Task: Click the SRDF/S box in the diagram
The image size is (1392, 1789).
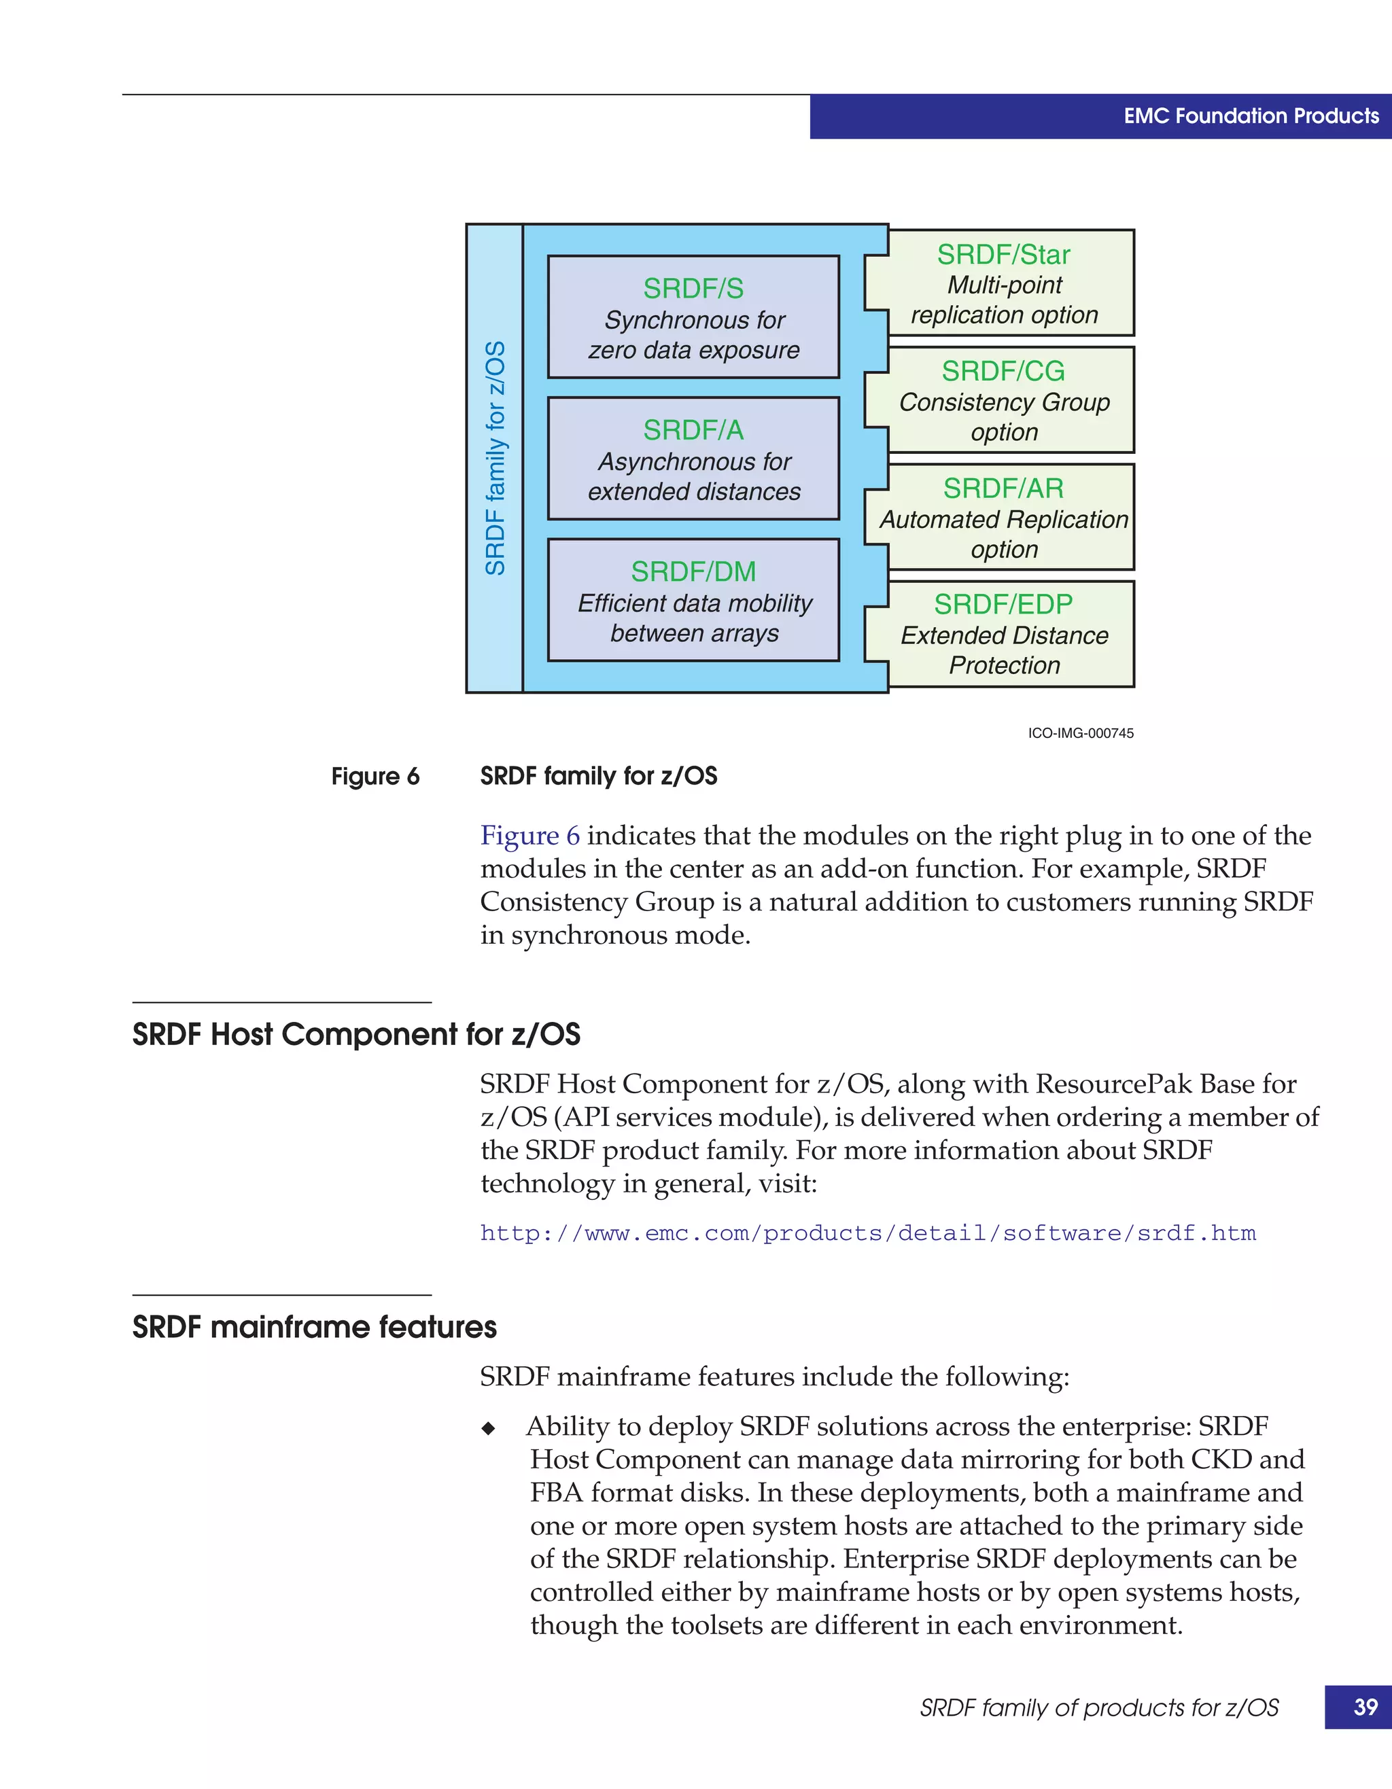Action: (x=693, y=317)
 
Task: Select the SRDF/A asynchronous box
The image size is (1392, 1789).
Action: (x=693, y=459)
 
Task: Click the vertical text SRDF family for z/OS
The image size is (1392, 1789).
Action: (x=495, y=458)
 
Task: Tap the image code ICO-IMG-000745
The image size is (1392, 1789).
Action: (x=1081, y=733)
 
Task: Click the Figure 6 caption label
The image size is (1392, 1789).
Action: (x=375, y=777)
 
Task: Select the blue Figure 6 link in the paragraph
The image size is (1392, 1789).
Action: (x=529, y=836)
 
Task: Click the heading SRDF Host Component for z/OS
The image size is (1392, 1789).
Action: (x=356, y=1035)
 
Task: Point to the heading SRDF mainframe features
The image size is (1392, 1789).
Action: (x=315, y=1327)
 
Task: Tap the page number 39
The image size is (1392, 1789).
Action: (x=1365, y=1707)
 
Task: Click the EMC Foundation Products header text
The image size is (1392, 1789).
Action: (x=1251, y=116)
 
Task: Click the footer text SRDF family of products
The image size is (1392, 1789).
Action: (x=1098, y=1708)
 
